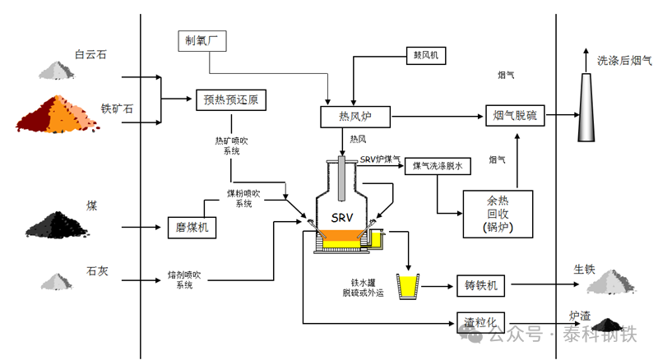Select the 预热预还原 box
[230, 100]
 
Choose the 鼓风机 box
[425, 55]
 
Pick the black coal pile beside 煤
[58, 224]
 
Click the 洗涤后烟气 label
[623, 60]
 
